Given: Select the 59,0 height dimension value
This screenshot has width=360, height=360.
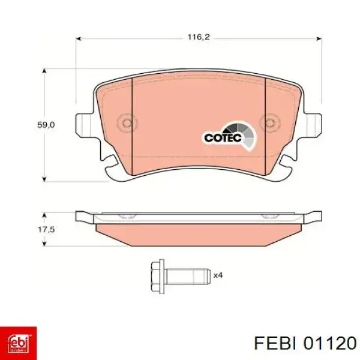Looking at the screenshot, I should click(x=46, y=125).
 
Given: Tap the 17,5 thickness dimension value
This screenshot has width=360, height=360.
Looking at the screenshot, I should click(x=46, y=229).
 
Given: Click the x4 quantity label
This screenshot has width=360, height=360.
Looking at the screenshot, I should click(x=218, y=275).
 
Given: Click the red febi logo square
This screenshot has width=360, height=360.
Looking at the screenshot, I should click(x=19, y=343).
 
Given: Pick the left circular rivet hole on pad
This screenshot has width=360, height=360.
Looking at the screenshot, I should click(x=126, y=124).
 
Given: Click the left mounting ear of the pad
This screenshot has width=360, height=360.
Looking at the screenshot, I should click(x=84, y=125).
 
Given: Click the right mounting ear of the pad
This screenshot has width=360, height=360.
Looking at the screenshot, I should click(x=312, y=125).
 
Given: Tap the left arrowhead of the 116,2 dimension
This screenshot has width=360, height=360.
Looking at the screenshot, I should click(x=79, y=37).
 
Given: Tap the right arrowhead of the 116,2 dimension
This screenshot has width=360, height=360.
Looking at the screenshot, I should click(x=317, y=37).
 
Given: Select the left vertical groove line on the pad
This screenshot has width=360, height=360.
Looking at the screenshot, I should click(x=131, y=120).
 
